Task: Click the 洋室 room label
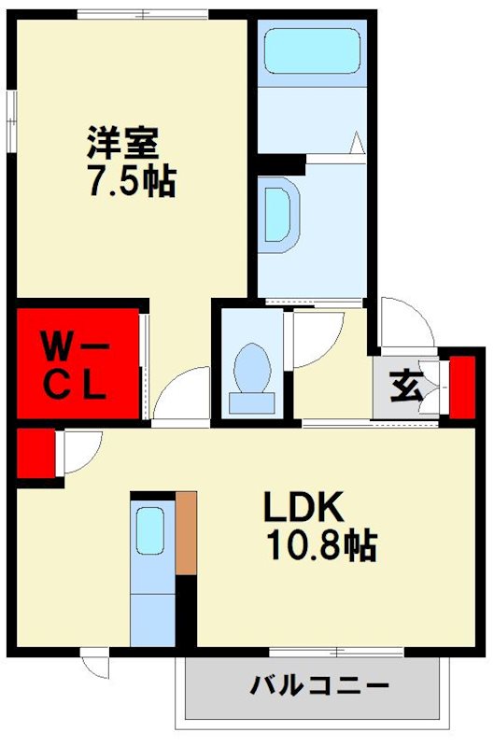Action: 124,145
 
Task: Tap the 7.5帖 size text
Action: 131,182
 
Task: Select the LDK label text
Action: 303,508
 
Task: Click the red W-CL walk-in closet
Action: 77,365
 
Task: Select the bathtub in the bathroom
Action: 311,51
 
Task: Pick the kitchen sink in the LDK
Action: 149,532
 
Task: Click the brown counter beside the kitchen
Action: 187,532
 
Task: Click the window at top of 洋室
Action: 143,13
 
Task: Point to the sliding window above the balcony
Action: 309,652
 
